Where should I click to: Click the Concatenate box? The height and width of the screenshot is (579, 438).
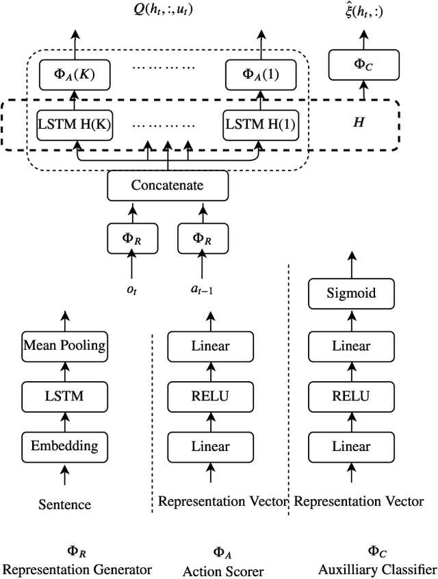pos(167,185)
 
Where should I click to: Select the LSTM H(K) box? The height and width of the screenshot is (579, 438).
pos(76,126)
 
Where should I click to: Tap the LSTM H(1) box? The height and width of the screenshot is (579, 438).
pos(253,126)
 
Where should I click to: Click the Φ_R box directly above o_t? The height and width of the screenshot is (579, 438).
pos(131,237)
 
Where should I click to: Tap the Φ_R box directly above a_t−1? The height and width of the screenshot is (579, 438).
pos(201,237)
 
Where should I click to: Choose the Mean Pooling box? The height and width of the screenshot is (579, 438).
pos(64,345)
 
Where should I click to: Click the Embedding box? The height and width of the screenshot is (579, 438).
pos(64,446)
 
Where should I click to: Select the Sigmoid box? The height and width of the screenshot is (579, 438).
pos(350,294)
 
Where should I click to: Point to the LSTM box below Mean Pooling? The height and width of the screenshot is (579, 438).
pos(64,395)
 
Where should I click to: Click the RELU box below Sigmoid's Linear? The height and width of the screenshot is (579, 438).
pos(350,396)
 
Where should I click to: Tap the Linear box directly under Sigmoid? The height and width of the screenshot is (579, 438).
pos(350,346)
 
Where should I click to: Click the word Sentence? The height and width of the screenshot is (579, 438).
pos(64,504)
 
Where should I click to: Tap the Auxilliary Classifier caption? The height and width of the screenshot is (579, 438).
pos(377,569)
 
